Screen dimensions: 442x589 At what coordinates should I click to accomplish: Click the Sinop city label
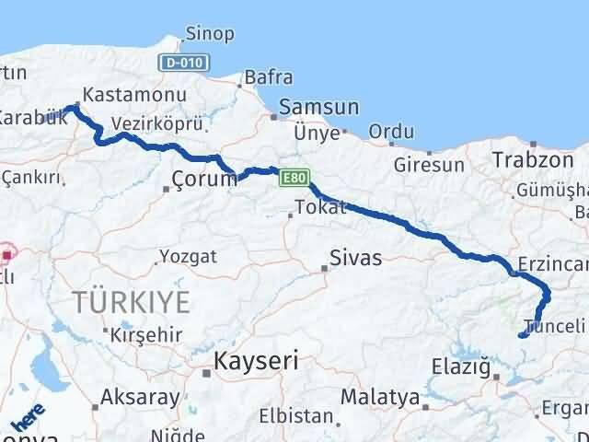(210, 35)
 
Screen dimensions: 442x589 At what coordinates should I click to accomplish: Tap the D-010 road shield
(189, 63)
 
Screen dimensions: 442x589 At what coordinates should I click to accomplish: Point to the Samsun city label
(318, 107)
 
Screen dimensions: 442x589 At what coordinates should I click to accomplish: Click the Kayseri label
(256, 360)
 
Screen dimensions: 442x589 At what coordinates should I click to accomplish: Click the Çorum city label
(204, 180)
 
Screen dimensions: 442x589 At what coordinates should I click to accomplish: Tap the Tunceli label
(554, 325)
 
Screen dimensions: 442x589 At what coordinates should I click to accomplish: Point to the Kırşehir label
(145, 334)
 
